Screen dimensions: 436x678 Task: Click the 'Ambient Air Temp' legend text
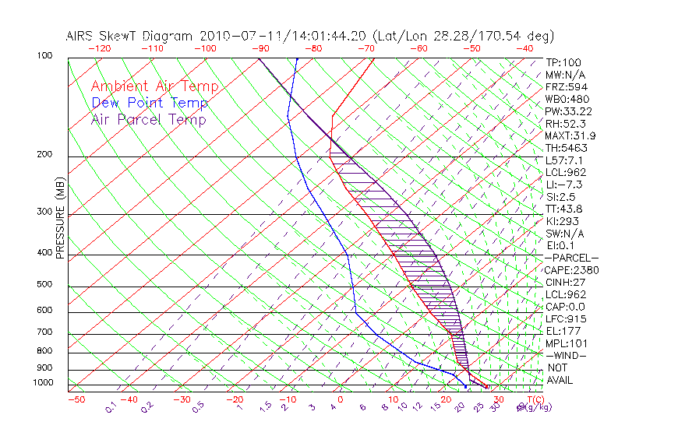coord(154,86)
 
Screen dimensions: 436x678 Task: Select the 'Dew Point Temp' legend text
coord(150,103)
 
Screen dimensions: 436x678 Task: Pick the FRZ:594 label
coord(563,86)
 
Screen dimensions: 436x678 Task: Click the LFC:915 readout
coord(563,319)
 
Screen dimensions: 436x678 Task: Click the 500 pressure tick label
coord(45,285)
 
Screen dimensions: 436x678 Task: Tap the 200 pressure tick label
coord(45,155)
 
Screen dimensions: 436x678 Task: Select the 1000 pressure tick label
coord(43,383)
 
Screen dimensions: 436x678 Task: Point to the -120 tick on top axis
coord(99,48)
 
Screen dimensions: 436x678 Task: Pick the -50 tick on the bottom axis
coord(76,399)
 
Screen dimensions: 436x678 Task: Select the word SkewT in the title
coord(116,36)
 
